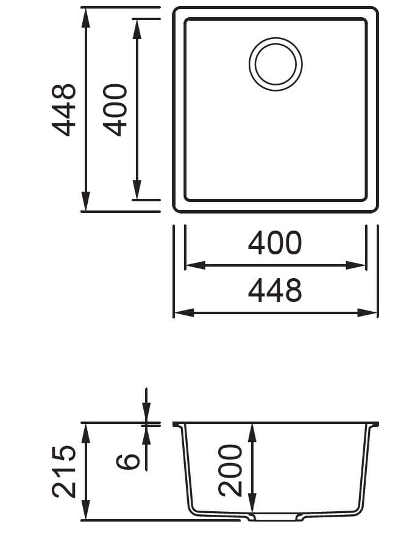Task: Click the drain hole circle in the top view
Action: click(x=275, y=63)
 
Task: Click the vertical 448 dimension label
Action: click(x=64, y=110)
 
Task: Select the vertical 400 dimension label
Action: click(x=115, y=110)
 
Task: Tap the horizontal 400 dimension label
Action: click(x=275, y=243)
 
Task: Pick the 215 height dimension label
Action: click(x=64, y=472)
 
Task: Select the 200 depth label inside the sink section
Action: click(x=230, y=470)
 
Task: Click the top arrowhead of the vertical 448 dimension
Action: click(x=86, y=17)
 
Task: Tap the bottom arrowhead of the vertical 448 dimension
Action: click(x=86, y=203)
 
